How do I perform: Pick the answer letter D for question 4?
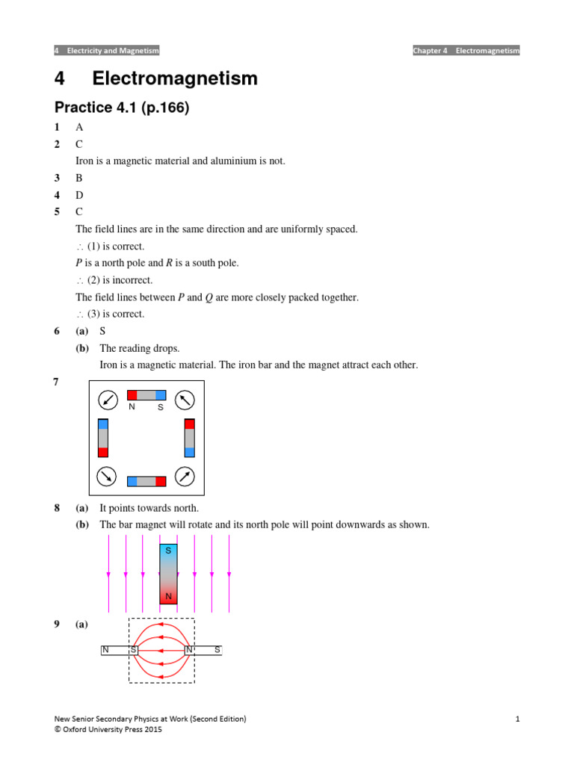(x=79, y=195)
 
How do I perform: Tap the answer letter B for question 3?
(x=79, y=178)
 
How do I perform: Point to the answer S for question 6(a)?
(x=102, y=331)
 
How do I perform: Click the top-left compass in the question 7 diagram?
(x=108, y=400)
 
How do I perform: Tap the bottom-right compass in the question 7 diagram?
(x=185, y=475)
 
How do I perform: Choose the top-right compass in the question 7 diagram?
(x=185, y=400)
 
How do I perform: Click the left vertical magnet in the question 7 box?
(x=103, y=438)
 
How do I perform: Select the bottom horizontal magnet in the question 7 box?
(x=146, y=481)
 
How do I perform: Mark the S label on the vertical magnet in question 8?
(x=168, y=550)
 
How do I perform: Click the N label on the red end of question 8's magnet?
(x=168, y=597)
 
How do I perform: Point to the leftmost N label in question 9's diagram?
(x=106, y=650)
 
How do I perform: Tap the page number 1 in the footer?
(x=516, y=719)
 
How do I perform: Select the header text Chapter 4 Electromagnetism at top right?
(x=466, y=51)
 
